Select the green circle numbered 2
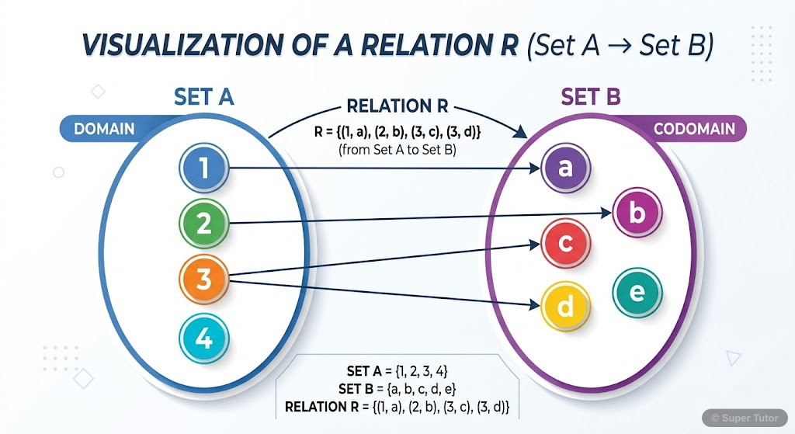[204, 224]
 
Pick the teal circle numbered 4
[204, 339]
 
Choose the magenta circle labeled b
[637, 212]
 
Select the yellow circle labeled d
[566, 307]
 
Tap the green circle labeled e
[637, 292]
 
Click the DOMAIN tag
[104, 129]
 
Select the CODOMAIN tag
[694, 129]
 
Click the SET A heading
[204, 98]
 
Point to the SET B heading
[591, 98]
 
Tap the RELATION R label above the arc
[397, 107]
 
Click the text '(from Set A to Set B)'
[397, 150]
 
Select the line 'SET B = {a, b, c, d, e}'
[397, 388]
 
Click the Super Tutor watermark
[745, 417]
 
